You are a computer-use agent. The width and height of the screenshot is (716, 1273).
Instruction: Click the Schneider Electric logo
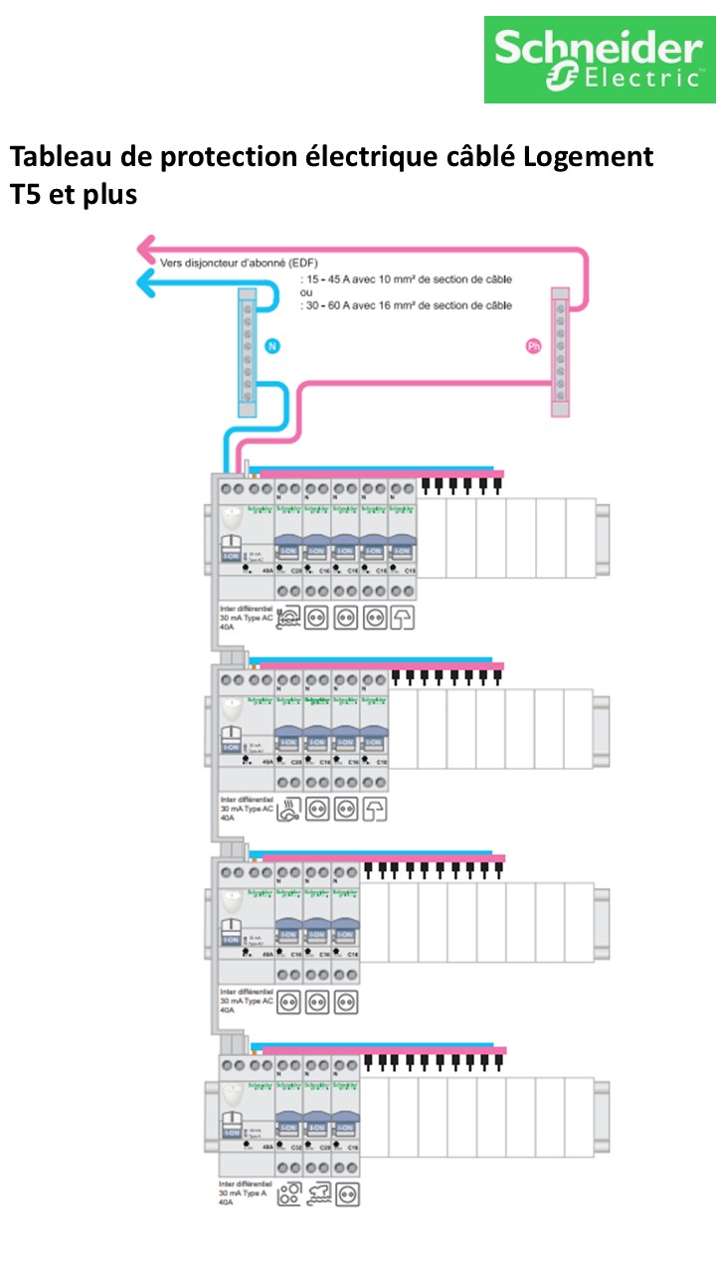(600, 59)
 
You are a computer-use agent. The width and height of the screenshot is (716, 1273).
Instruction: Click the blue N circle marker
(272, 346)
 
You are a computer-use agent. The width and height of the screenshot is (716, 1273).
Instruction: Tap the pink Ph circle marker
(533, 346)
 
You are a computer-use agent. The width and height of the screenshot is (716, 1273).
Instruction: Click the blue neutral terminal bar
(247, 353)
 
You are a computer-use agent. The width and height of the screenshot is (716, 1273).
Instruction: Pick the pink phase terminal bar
(561, 353)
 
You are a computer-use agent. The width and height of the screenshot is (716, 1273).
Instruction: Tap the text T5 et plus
(73, 195)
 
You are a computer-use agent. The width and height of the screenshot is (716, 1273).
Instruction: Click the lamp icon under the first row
(403, 618)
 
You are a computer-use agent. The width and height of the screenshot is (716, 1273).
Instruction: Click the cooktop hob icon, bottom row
(289, 1194)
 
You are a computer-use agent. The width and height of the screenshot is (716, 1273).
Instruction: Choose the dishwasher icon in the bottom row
(318, 1194)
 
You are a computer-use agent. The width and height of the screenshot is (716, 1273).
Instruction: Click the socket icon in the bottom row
(347, 1194)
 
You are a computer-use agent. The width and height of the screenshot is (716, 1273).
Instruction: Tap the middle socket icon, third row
(317, 1001)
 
